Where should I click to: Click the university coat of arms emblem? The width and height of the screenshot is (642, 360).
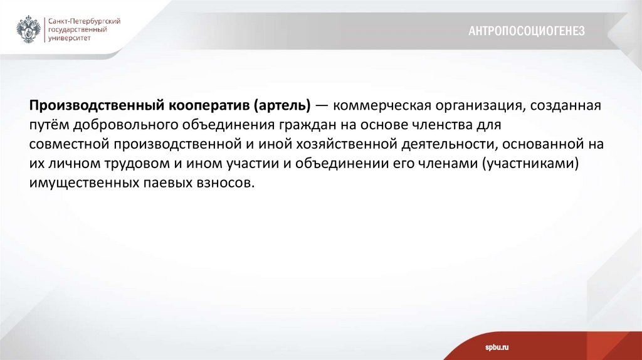coord(28,29)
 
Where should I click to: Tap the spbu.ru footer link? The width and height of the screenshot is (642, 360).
coord(496,347)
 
